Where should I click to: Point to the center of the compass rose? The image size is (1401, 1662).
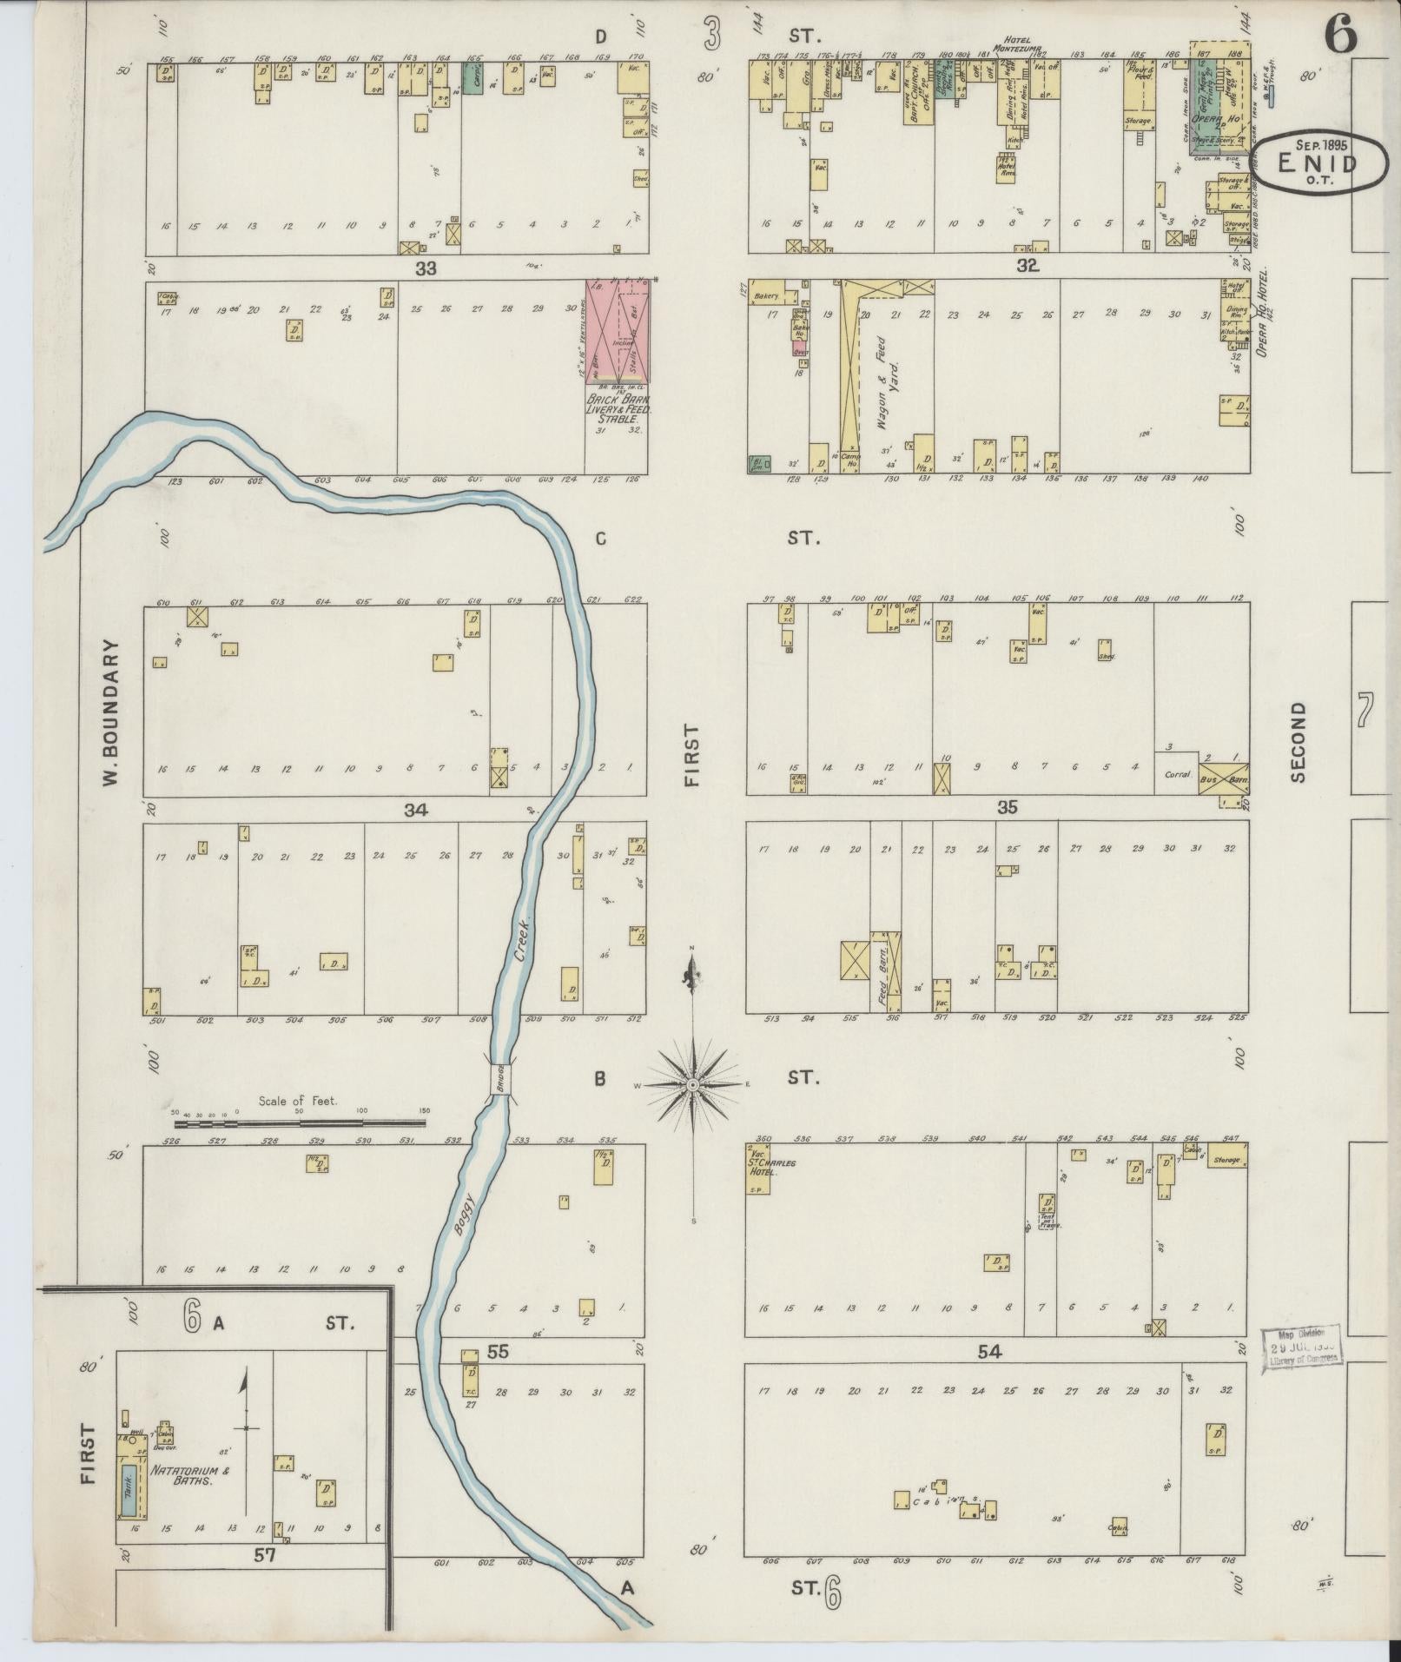(x=693, y=1086)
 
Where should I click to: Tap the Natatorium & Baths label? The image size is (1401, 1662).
(x=182, y=1476)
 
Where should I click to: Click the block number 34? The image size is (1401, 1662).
(x=416, y=810)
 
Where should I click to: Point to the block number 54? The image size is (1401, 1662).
(x=989, y=1375)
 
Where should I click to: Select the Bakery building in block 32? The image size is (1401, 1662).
(x=768, y=296)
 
